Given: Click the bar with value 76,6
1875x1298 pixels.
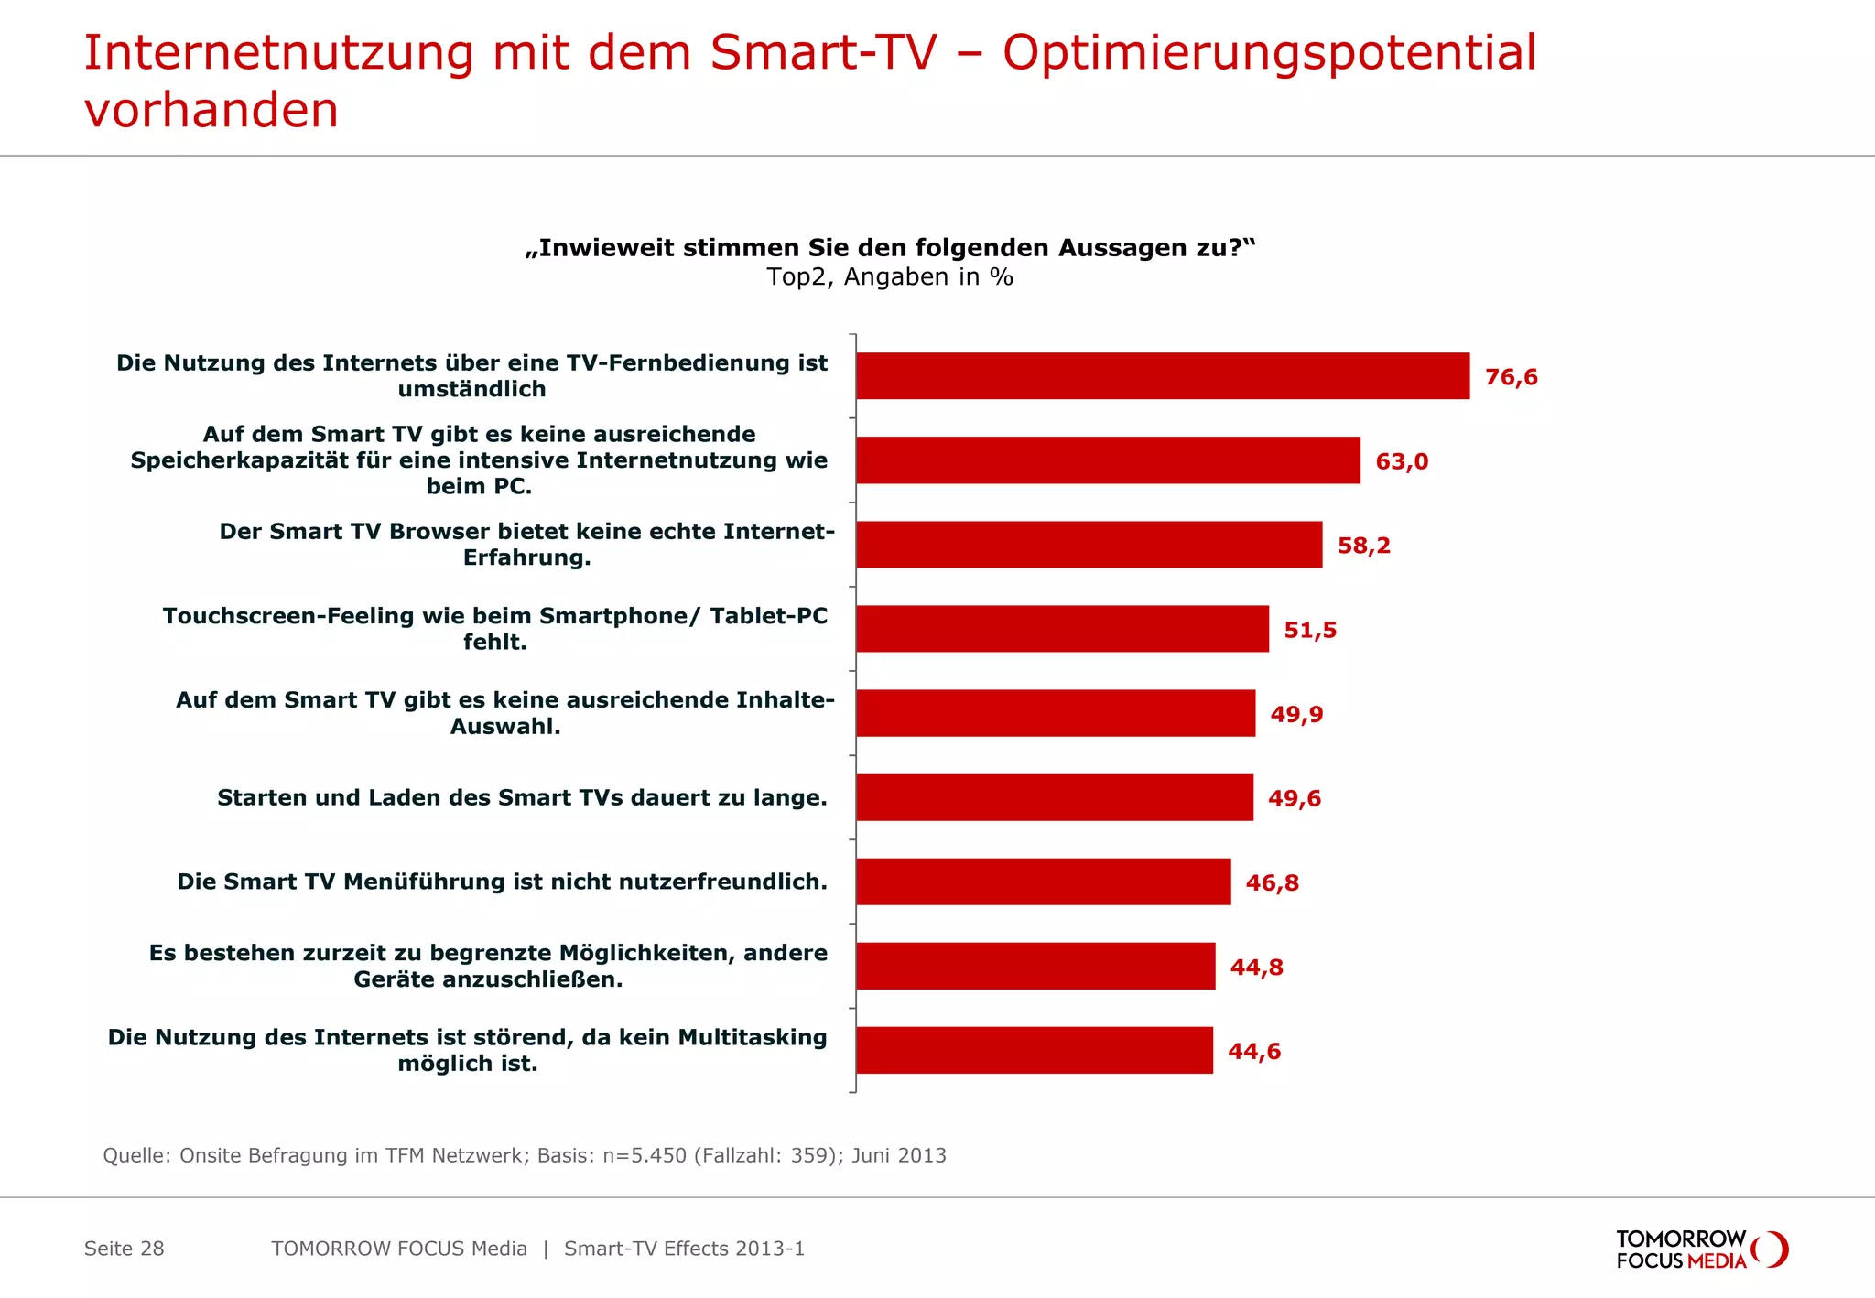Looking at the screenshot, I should click(1163, 376).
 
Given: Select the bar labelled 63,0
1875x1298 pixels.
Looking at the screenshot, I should click(1108, 460).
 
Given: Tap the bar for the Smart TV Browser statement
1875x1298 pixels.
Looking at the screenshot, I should click(1089, 545).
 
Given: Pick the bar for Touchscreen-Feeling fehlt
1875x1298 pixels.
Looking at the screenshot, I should click(1062, 629).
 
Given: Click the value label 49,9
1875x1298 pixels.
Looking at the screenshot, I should click(1296, 714).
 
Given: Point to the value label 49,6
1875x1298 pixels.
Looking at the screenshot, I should click(1294, 798).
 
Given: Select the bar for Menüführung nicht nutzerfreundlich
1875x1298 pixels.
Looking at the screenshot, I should click(1044, 882).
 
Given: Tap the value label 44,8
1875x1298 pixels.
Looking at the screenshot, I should click(1256, 968).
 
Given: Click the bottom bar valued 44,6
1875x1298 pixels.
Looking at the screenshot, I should click(1035, 1051).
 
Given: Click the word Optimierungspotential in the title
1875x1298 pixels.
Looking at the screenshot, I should click(1269, 53).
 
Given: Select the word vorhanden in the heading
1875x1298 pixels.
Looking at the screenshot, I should click(211, 111).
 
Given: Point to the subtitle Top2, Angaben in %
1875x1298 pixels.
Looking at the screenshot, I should click(890, 277).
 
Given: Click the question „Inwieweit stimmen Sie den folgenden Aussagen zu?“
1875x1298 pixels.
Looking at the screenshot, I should click(890, 248).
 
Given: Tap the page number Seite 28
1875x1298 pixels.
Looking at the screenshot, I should click(124, 1249).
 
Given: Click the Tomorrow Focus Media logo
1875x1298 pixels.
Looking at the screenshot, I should click(1701, 1249).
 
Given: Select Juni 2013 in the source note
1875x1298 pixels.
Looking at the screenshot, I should click(898, 1155).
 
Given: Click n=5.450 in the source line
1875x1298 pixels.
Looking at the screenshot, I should click(644, 1155).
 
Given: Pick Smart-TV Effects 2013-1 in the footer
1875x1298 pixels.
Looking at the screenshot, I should click(684, 1249).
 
